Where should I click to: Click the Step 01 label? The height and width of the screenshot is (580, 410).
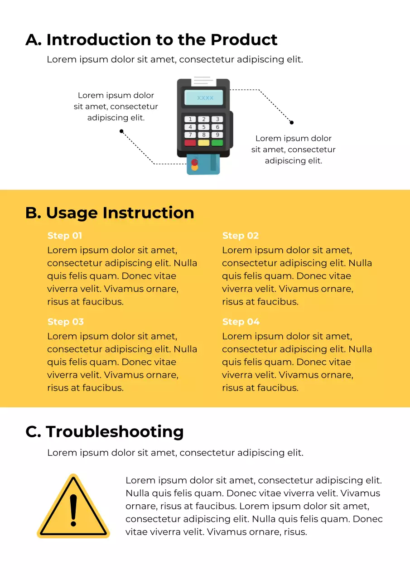[65, 236]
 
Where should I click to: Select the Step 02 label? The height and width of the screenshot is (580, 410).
[240, 236]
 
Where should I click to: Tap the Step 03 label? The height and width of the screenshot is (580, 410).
[65, 322]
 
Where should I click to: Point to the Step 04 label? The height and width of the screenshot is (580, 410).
[241, 322]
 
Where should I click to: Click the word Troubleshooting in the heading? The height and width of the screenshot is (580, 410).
[115, 431]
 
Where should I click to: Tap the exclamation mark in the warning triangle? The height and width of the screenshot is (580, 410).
[73, 509]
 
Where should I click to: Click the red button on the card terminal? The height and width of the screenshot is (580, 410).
[190, 143]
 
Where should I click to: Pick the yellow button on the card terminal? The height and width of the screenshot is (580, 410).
[204, 143]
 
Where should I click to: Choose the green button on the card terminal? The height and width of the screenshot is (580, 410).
[217, 143]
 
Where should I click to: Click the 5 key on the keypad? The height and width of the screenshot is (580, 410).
[204, 127]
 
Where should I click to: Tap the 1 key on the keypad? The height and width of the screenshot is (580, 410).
[190, 120]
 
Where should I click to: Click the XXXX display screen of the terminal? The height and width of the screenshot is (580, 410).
[204, 98]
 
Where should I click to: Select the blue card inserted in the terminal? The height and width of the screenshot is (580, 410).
[204, 165]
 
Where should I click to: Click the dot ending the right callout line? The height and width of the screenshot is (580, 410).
[292, 122]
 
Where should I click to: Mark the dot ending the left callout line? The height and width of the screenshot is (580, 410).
[121, 131]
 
